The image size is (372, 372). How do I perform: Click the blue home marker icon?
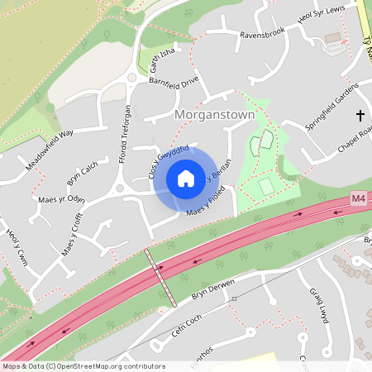[186, 178]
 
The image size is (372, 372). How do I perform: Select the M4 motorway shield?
[358, 199]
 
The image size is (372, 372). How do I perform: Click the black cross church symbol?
[360, 115]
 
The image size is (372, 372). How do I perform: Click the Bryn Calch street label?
[82, 174]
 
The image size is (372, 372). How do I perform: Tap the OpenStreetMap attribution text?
[83, 365]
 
